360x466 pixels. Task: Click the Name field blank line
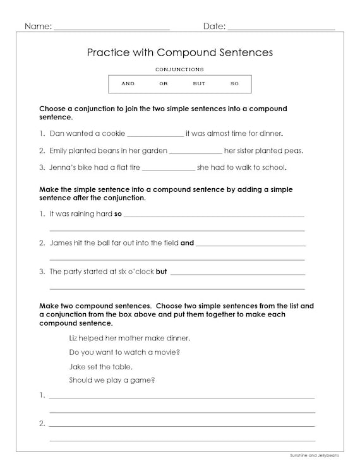pyautogui.click(x=112, y=28)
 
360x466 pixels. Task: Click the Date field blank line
pyautogui.click(x=280, y=28)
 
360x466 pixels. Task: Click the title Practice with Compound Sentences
pyautogui.click(x=179, y=52)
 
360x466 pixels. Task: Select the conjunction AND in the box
pyautogui.click(x=128, y=84)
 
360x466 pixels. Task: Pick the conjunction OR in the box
pyautogui.click(x=164, y=84)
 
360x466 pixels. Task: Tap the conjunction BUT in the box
pyautogui.click(x=199, y=84)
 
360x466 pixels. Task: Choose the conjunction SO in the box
pyautogui.click(x=234, y=84)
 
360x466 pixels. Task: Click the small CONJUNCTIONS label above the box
pyautogui.click(x=179, y=68)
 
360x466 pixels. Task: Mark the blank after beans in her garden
pyautogui.click(x=196, y=152)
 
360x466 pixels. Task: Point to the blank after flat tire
pyautogui.click(x=169, y=169)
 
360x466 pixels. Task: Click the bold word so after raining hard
pyautogui.click(x=117, y=214)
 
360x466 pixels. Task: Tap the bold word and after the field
pyautogui.click(x=187, y=242)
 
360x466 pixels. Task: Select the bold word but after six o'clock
pyautogui.click(x=161, y=272)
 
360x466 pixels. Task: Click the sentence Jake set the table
pyautogui.click(x=101, y=366)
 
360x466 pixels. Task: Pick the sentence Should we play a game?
pyautogui.click(x=112, y=380)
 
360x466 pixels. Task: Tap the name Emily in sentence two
pyautogui.click(x=59, y=152)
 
